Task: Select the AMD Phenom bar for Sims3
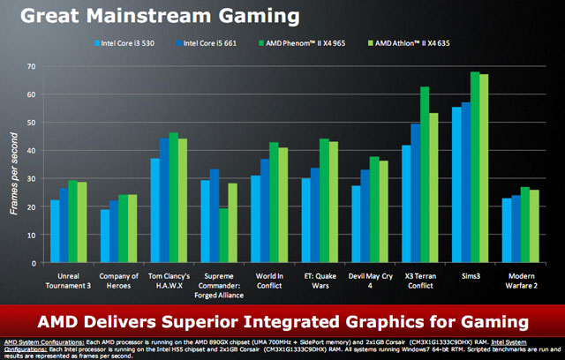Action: point(474,168)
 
